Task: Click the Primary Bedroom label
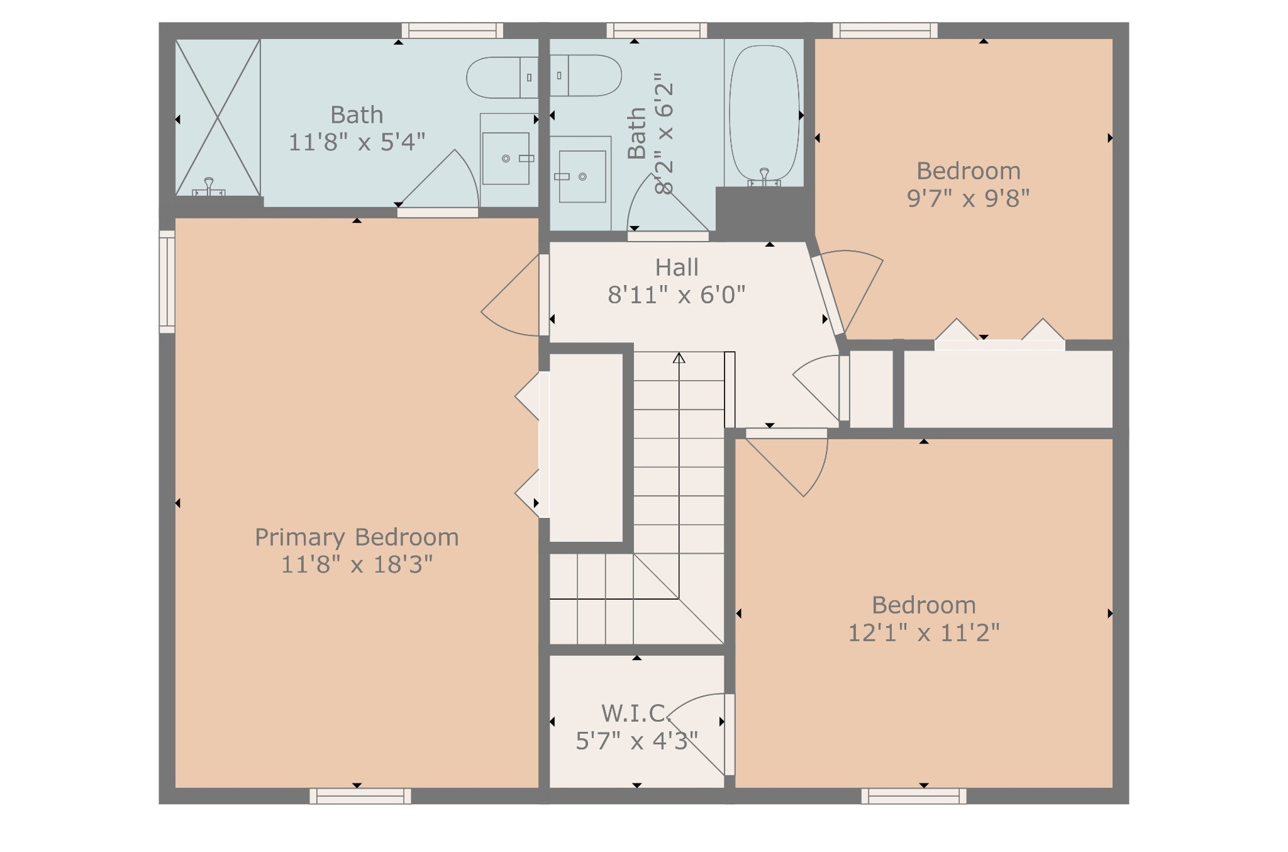357,537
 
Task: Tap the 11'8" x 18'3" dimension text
357,564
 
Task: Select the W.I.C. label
636,714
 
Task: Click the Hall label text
677,267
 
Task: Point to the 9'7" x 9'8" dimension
968,198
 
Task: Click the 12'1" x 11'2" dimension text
924,632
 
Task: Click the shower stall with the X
218,117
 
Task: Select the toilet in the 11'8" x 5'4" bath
502,77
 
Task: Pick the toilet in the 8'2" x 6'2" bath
586,76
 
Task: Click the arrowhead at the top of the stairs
679,358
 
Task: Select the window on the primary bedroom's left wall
167,281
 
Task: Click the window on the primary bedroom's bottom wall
360,796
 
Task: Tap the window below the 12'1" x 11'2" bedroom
914,796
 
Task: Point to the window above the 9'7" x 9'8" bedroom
885,30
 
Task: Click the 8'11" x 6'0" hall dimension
677,294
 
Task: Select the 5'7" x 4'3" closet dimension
637,741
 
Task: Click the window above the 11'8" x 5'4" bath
452,30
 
